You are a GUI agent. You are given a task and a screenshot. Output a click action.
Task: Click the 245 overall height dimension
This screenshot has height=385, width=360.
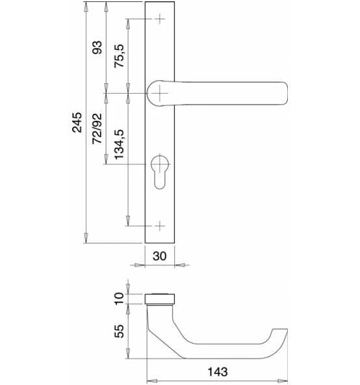point(77,122)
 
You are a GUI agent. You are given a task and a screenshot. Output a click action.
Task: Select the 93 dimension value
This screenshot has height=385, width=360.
point(97,47)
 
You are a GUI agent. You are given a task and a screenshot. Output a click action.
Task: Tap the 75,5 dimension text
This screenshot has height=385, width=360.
point(120,56)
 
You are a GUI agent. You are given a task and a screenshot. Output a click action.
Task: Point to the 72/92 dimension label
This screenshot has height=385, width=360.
point(97,128)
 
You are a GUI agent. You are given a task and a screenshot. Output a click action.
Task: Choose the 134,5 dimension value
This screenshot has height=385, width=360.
point(120,144)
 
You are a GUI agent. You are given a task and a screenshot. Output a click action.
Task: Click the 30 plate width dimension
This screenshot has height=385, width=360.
point(159,256)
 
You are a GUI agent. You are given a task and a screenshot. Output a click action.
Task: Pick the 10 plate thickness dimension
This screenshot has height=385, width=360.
point(120,299)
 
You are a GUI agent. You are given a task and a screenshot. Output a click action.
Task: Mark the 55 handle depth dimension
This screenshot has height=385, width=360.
point(120,331)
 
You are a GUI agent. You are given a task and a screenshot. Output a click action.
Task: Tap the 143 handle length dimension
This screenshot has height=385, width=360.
point(218,372)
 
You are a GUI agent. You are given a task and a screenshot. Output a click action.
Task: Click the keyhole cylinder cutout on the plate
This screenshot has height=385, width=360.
point(160,172)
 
